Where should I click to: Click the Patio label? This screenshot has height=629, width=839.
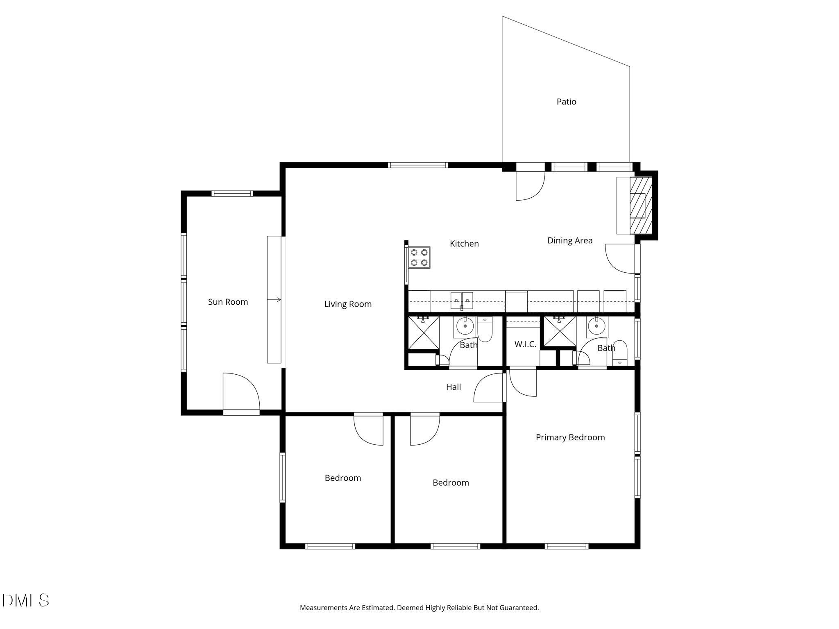click(x=566, y=102)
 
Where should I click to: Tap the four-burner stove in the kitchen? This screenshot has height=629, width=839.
click(x=419, y=258)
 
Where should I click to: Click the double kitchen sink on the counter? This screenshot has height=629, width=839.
click(x=462, y=301)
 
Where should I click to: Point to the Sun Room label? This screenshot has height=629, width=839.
click(x=228, y=302)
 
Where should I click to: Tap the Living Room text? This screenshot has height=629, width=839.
click(x=348, y=304)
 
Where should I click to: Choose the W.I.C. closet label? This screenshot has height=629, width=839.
click(x=525, y=344)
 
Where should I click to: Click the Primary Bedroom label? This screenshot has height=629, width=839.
click(x=570, y=437)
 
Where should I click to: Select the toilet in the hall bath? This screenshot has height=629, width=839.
click(x=485, y=330)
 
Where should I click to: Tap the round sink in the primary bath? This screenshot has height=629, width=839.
click(x=596, y=326)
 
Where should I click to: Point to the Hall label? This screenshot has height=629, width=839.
click(x=453, y=387)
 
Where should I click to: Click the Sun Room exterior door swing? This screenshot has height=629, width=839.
click(x=240, y=391)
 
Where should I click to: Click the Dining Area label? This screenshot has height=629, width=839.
click(x=569, y=240)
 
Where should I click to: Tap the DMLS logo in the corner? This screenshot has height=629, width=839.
click(x=25, y=601)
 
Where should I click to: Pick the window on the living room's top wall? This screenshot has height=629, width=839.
click(x=418, y=165)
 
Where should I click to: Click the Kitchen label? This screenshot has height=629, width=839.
click(x=464, y=244)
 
